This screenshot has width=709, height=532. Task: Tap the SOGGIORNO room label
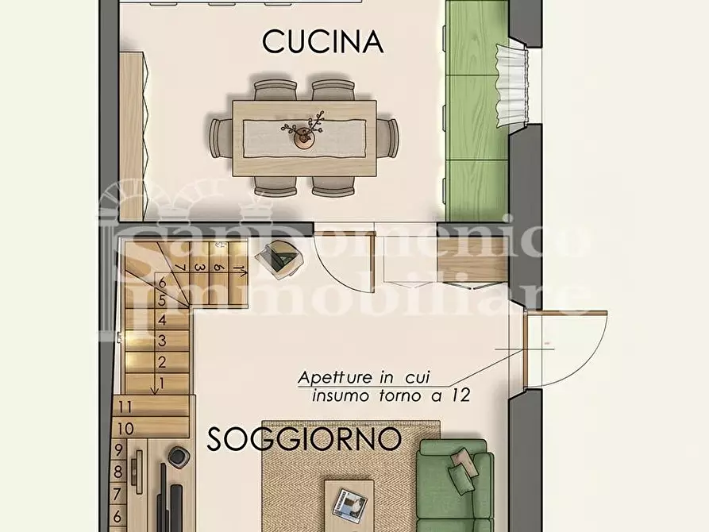point(304,439)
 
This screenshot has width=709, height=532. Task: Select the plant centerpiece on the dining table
point(303,132)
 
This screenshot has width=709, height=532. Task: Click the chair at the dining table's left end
point(220,137)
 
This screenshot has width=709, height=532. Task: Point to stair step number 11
point(124,406)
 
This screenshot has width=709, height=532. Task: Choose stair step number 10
point(124,428)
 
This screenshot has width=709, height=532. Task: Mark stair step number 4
point(162,321)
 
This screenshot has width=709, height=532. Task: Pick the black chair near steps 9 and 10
point(177,457)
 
